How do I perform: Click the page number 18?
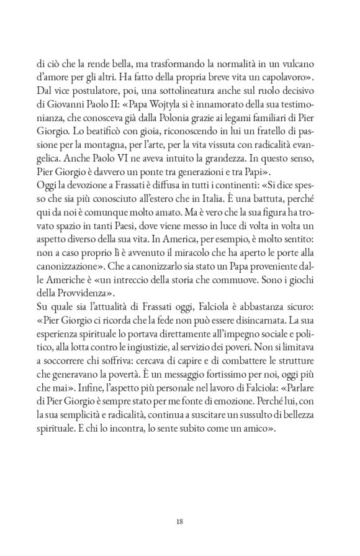(x=179, y=521)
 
